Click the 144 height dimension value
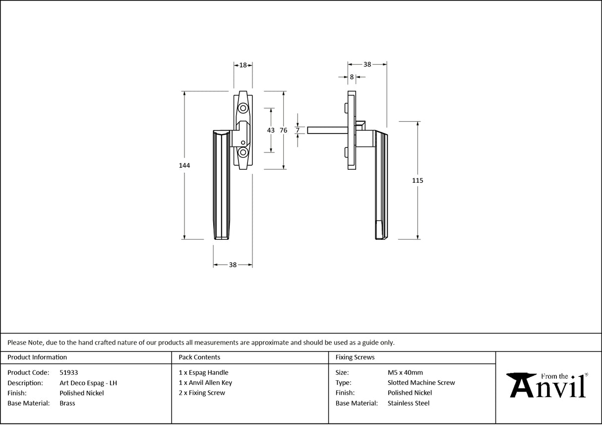click(x=184, y=165)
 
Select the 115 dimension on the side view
click(x=418, y=181)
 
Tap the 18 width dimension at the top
click(x=243, y=65)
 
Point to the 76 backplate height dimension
click(x=283, y=130)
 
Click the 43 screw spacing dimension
click(x=271, y=130)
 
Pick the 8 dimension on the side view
click(x=352, y=77)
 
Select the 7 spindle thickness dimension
click(x=298, y=130)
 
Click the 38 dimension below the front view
click(x=233, y=265)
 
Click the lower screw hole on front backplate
click(x=243, y=152)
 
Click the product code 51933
click(x=68, y=372)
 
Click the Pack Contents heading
click(x=199, y=357)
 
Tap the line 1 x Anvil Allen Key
click(x=205, y=383)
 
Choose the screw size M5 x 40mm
click(x=405, y=372)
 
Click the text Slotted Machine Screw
click(x=421, y=383)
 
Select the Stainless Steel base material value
click(x=409, y=403)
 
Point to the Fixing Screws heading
click(x=355, y=357)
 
